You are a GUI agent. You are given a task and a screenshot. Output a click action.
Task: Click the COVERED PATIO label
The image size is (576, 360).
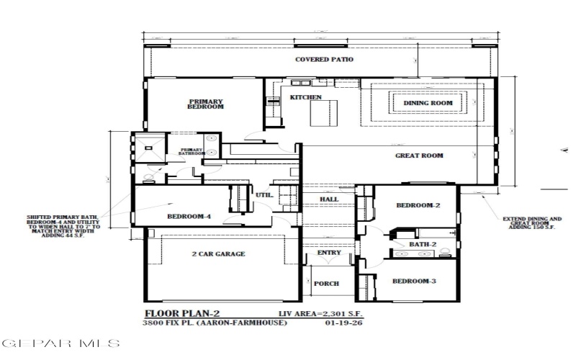(x=323, y=60)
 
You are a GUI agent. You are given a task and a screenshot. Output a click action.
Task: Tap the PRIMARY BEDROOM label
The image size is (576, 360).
(x=206, y=104)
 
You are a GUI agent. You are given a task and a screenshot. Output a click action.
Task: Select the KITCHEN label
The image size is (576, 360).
(x=305, y=97)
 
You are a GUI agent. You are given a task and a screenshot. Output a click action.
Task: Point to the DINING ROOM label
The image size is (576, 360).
(x=428, y=104)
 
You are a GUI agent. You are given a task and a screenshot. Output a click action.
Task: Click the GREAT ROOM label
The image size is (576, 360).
(x=419, y=156)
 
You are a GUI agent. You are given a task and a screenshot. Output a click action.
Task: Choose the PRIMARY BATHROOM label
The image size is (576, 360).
(x=193, y=151)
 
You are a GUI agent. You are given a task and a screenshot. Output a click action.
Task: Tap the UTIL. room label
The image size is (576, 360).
(x=264, y=194)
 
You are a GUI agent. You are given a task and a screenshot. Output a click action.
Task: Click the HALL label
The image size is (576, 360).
(x=329, y=199)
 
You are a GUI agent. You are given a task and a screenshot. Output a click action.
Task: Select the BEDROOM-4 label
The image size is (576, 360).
(x=189, y=217)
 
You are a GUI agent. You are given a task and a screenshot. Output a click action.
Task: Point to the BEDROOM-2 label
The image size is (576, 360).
(x=418, y=205)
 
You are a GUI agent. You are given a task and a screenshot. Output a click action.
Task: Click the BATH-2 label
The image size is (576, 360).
(x=423, y=245)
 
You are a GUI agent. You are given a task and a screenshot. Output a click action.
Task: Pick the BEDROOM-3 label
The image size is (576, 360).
(x=414, y=281)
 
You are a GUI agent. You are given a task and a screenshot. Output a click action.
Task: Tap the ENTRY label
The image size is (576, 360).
(x=329, y=253)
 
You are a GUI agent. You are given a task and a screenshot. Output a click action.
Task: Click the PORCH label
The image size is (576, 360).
(x=326, y=284)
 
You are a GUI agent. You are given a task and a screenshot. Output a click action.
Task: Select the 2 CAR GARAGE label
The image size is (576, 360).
(x=218, y=254)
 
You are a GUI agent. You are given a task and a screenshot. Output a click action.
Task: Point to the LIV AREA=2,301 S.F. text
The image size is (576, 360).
(x=321, y=314)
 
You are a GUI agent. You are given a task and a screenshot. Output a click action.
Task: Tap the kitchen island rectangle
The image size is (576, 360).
(x=323, y=112)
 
